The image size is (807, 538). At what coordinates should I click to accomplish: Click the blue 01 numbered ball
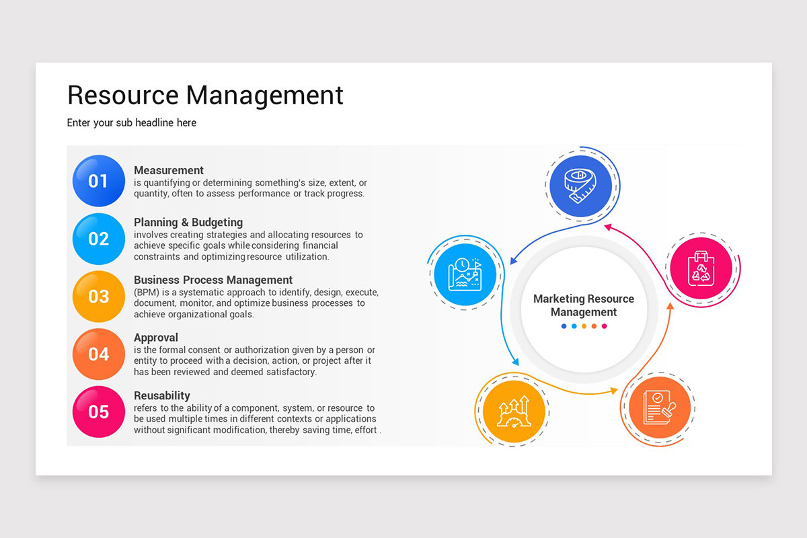pyautogui.click(x=98, y=180)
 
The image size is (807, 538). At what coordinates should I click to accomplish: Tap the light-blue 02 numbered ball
pyautogui.click(x=98, y=239)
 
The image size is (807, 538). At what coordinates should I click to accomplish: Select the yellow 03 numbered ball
pyautogui.click(x=98, y=297)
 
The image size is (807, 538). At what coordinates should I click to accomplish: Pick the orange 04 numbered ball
pyautogui.click(x=98, y=354)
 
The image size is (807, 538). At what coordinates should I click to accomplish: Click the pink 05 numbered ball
pyautogui.click(x=98, y=412)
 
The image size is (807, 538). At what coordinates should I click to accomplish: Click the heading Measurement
pyautogui.click(x=169, y=170)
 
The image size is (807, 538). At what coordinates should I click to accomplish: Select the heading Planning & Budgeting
pyautogui.click(x=188, y=222)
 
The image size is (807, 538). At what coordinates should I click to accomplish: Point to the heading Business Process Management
pyautogui.click(x=213, y=280)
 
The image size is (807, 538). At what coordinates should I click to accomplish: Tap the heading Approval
pyautogui.click(x=156, y=338)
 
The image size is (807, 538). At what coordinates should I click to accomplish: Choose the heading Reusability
pyautogui.click(x=162, y=395)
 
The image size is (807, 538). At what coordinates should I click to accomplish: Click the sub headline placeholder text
pyautogui.click(x=132, y=123)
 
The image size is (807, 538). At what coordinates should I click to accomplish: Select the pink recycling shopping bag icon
pyautogui.click(x=701, y=269)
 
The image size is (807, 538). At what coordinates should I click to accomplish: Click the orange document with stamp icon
pyautogui.click(x=658, y=408)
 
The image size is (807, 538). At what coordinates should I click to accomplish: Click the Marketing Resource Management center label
pyautogui.click(x=584, y=305)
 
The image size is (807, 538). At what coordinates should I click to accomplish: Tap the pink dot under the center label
pyautogui.click(x=604, y=326)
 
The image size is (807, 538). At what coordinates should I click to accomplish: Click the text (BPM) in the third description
pyautogui.click(x=145, y=293)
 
